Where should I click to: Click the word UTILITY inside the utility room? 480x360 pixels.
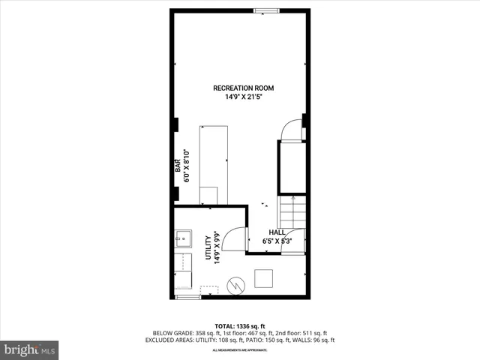click(x=208, y=247)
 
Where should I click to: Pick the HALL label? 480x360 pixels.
click(x=277, y=233)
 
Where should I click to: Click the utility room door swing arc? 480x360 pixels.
click(x=235, y=238)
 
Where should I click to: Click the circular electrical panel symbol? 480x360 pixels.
click(x=236, y=286)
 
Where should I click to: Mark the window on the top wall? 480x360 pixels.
click(x=263, y=10)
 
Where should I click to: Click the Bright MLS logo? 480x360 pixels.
click(x=29, y=349)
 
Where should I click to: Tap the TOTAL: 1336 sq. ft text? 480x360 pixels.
click(x=240, y=326)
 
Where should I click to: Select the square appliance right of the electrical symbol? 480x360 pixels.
click(x=265, y=278)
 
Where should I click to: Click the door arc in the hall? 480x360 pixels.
click(x=292, y=238)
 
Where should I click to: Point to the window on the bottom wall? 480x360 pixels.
click(x=188, y=298)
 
